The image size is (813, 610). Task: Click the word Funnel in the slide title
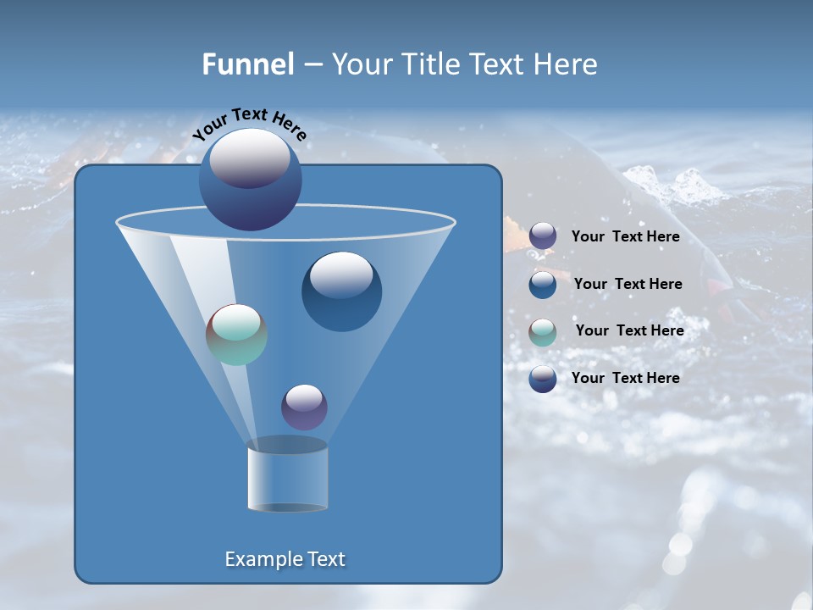[247, 64]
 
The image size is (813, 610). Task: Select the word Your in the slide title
[361, 64]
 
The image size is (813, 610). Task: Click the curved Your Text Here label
[249, 122]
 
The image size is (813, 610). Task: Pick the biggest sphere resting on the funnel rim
[250, 180]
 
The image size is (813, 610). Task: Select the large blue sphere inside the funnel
[341, 292]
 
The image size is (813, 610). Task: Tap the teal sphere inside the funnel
[236, 335]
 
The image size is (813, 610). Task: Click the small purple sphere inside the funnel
[304, 407]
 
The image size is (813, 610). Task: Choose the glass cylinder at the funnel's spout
[287, 476]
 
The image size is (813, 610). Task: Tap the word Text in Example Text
[324, 559]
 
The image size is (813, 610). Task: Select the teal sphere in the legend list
[543, 332]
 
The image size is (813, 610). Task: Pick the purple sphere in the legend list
[543, 236]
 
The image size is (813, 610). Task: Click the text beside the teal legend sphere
[629, 330]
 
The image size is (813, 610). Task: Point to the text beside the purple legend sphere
[625, 236]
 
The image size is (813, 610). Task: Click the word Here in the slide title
[565, 64]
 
